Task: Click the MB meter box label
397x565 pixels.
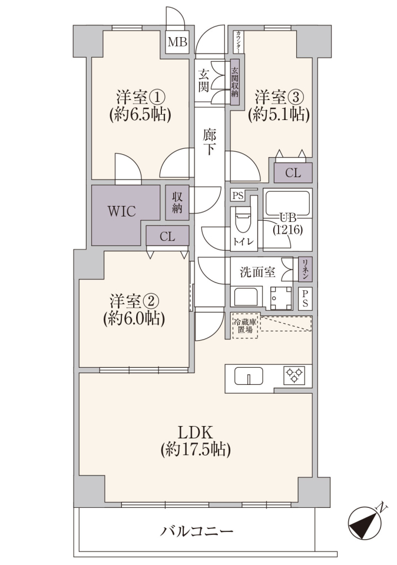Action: pos(177,42)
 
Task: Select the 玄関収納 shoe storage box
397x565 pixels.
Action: pos(235,82)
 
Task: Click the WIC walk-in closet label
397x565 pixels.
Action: pos(122,211)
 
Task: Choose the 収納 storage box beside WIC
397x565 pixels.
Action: pos(177,202)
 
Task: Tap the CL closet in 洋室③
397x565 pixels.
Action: pos(293,173)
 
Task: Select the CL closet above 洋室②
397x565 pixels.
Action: pos(167,237)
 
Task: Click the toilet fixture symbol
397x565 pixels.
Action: pos(242,221)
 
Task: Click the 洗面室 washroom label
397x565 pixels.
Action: pos(257,272)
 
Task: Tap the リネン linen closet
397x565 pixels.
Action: pos(305,269)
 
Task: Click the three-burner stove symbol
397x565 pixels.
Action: pos(295,375)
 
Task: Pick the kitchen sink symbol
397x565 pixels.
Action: pos(249,376)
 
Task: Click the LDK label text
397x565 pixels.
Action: pos(196,431)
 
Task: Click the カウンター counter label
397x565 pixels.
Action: pos(239,42)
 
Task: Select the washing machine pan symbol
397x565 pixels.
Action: pos(282,298)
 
